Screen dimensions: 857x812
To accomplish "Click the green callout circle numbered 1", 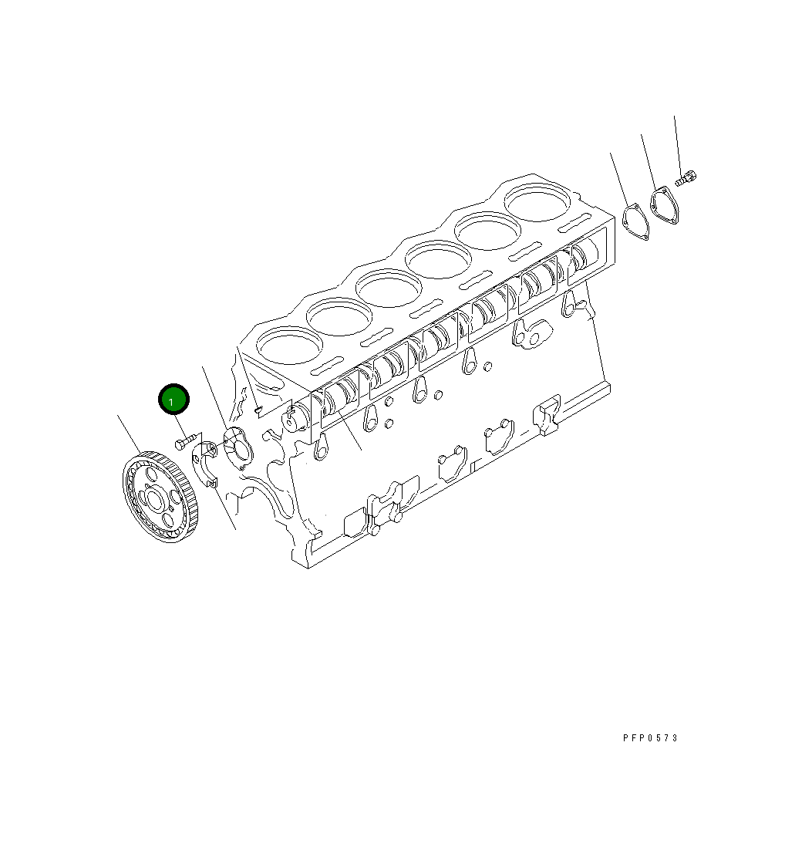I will coord(174,400).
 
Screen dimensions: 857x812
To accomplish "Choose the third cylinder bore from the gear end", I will coord(388,287).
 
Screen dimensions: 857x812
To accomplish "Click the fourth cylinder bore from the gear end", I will coord(437,258).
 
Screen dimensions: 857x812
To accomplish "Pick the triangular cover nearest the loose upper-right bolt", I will coord(663,207).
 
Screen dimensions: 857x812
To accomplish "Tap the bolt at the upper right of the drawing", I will coord(686,179).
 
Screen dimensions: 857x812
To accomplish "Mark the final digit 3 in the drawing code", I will coord(676,738).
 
